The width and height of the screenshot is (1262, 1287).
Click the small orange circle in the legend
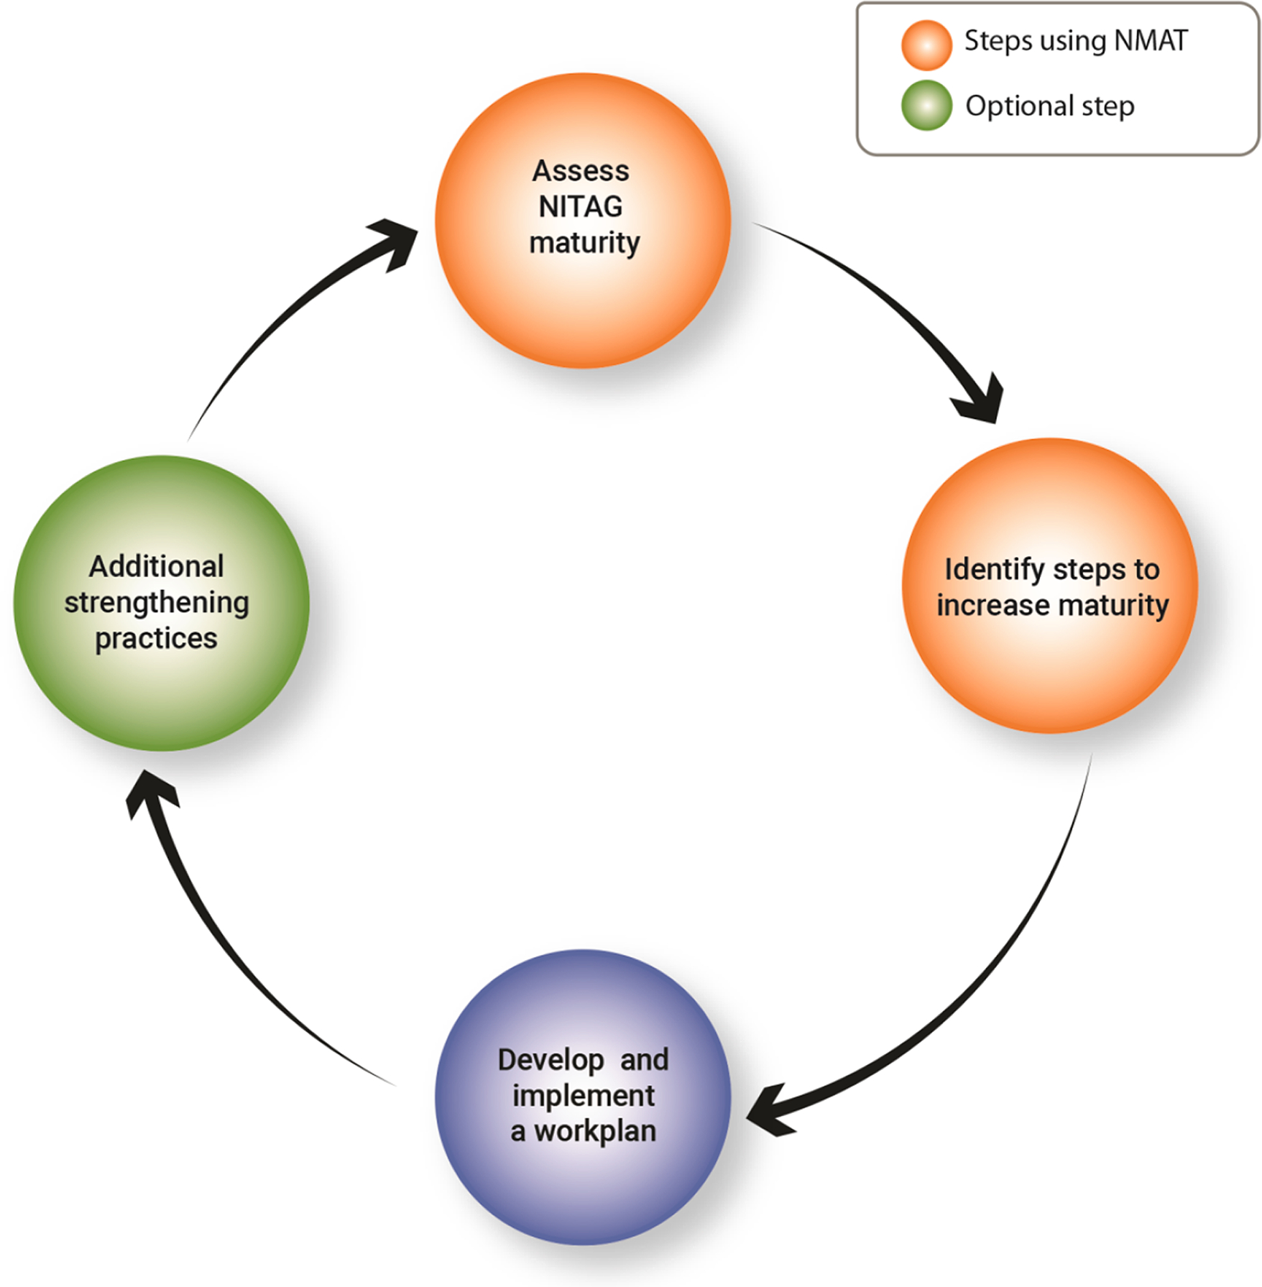pos(926,45)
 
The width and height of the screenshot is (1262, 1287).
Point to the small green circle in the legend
pos(926,106)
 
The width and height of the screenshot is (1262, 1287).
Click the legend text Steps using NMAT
pos(1075,41)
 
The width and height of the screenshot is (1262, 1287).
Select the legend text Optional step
pos(1049,106)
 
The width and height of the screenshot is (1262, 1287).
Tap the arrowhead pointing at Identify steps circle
pos(981,400)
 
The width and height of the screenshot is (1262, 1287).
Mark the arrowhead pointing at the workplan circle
pos(769,1113)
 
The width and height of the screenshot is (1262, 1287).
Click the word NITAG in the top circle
pos(581,207)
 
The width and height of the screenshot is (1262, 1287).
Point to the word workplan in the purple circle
pos(595,1132)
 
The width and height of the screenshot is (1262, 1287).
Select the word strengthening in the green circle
pos(157,603)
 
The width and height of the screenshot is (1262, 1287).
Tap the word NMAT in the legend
pos(1151,41)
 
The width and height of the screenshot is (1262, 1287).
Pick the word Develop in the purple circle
pos(551,1060)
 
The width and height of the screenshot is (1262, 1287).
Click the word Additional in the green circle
pos(157,567)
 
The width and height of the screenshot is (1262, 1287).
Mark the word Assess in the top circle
pos(581,171)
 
